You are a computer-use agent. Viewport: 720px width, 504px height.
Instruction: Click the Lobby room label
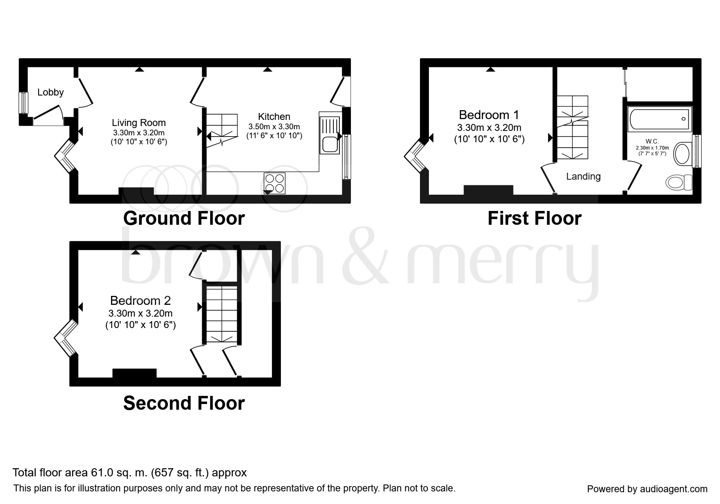[x=50, y=92]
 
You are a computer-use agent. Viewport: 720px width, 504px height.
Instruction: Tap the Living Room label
[x=139, y=123]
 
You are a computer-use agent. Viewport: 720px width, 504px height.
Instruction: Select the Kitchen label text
[x=274, y=117]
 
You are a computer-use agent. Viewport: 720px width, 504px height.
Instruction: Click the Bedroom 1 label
[x=489, y=115]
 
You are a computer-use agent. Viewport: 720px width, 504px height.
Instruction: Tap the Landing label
[x=583, y=176]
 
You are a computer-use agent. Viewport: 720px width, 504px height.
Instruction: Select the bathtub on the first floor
[x=658, y=119]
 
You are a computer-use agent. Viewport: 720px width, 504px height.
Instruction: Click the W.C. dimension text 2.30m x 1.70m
[x=652, y=148]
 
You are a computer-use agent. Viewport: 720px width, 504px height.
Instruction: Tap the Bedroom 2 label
[x=140, y=301]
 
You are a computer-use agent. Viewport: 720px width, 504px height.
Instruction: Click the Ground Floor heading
[x=184, y=218]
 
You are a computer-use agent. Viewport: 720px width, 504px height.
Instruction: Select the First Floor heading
[x=534, y=218]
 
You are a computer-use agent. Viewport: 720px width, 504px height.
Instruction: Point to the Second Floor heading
[x=184, y=403]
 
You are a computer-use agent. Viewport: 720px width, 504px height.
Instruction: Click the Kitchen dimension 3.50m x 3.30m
[x=274, y=127]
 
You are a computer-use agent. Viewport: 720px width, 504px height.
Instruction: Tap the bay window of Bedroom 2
[x=65, y=337]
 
